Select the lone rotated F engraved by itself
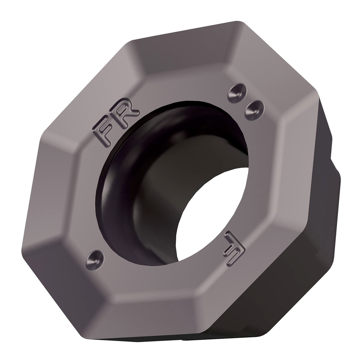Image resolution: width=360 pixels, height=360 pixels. click(x=234, y=249)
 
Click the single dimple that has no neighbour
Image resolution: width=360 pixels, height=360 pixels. click(x=95, y=260)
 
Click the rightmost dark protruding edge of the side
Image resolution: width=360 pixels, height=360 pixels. click(x=337, y=197)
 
